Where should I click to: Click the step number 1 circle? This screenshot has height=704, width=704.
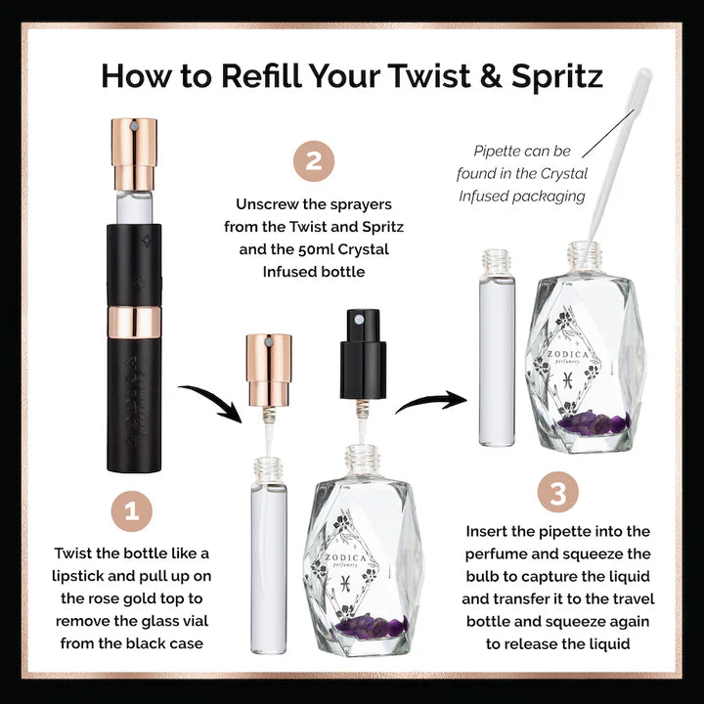[132, 511]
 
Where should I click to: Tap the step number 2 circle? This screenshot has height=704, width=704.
[314, 161]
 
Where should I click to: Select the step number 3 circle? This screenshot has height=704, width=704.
[557, 492]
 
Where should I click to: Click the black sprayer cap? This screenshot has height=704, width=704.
[363, 354]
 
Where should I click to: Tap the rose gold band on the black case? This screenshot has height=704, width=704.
[134, 323]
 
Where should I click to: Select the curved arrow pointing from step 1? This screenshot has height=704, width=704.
[211, 399]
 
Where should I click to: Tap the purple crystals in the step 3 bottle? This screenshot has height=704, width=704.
[594, 423]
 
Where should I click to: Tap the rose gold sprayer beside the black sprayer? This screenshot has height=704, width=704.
[269, 370]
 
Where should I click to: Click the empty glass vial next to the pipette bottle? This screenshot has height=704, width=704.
[497, 348]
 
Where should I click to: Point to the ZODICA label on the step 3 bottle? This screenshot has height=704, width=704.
[567, 354]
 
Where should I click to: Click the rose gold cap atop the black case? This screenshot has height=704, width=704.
[134, 154]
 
